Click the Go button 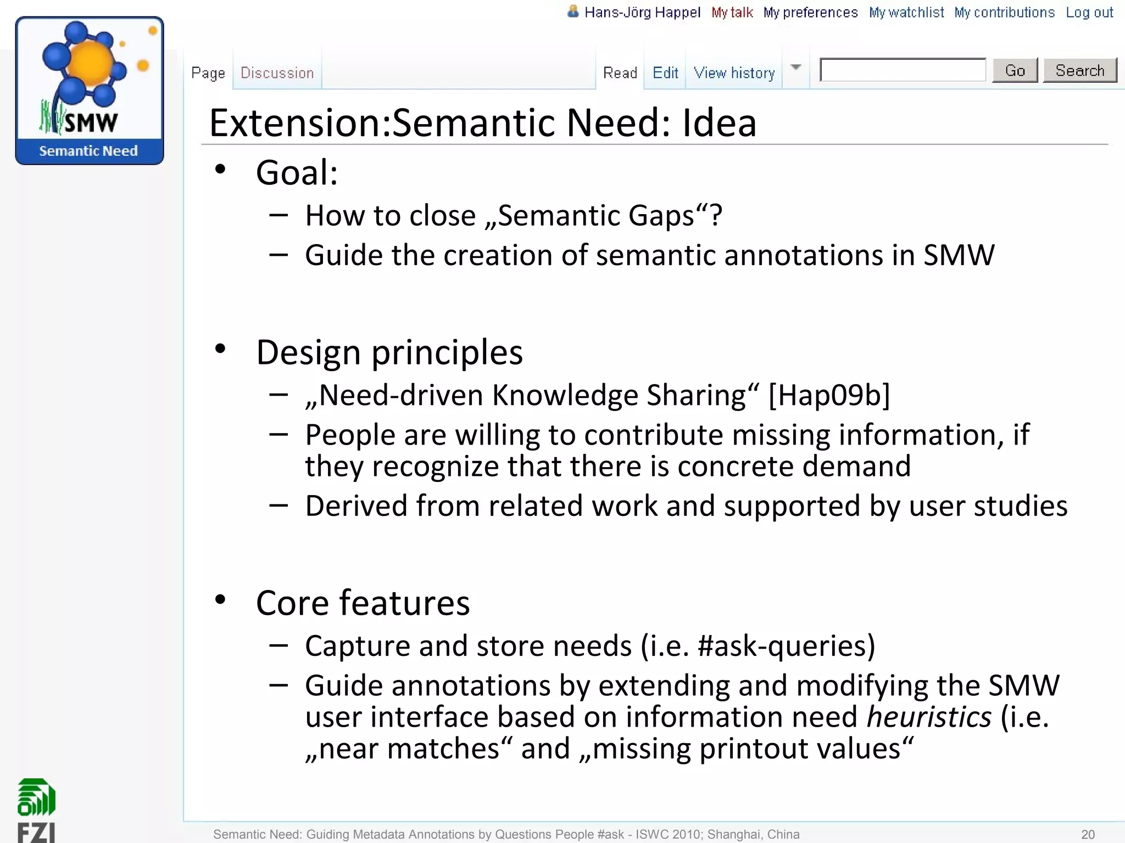[1015, 71]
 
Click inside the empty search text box [903, 70]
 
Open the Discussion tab [277, 73]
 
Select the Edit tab [665, 73]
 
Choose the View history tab [734, 73]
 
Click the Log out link [1089, 13]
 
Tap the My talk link [732, 13]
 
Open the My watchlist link [906, 13]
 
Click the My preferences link [810, 13]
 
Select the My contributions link [1004, 13]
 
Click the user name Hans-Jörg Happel [642, 13]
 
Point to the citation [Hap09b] [829, 395]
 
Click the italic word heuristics [929, 717]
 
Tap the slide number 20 [1088, 834]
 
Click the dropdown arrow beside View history [795, 68]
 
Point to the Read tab [620, 73]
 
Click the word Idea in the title [719, 122]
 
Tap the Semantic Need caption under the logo [88, 151]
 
